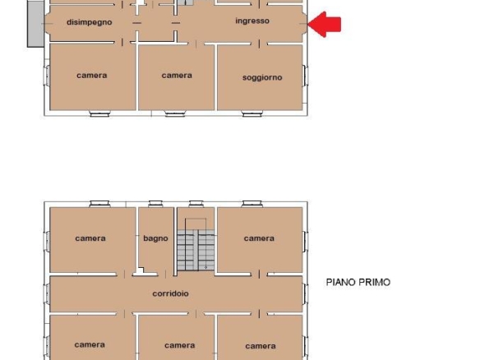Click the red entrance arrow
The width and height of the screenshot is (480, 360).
tap(324, 24)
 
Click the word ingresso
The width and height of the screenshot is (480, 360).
tap(252, 21)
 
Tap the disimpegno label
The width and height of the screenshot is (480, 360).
tap(89, 22)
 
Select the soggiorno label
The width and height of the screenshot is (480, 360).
tap(262, 77)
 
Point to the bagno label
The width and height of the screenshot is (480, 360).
tap(155, 238)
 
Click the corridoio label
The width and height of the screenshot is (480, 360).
tap(170, 293)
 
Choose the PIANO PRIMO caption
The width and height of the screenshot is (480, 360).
tap(358, 282)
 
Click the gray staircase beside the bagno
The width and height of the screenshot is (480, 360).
tap(196, 250)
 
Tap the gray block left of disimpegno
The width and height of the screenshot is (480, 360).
tap(35, 24)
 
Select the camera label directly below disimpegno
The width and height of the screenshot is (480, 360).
tap(91, 76)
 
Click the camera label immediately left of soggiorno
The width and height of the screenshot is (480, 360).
tap(177, 76)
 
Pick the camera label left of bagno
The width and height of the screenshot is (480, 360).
tap(90, 238)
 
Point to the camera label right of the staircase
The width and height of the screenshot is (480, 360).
tap(259, 238)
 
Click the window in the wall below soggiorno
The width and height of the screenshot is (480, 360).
tap(252, 114)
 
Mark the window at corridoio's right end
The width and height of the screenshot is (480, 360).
tap(305, 294)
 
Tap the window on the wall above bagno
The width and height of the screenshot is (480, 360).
tap(155, 204)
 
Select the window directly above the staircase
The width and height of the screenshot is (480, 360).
tap(196, 204)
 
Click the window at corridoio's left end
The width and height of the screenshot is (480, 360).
tap(47, 294)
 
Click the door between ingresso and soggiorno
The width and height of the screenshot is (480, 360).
tap(259, 44)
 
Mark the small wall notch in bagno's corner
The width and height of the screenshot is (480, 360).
tap(141, 270)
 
